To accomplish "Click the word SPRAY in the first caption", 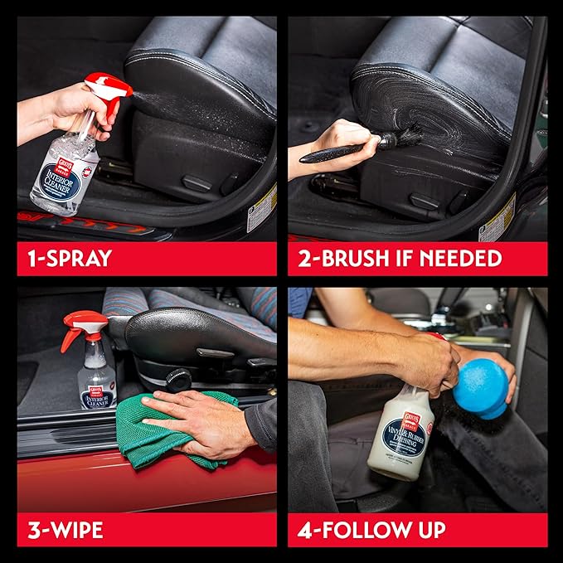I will pyautogui.click(x=83, y=258).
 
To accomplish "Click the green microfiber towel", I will pyautogui.click(x=149, y=431).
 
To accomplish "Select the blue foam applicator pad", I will pyautogui.click(x=482, y=386).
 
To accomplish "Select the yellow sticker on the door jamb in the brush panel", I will pyautogui.click(x=497, y=220).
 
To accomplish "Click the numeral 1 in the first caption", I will pyautogui.click(x=30, y=258).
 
